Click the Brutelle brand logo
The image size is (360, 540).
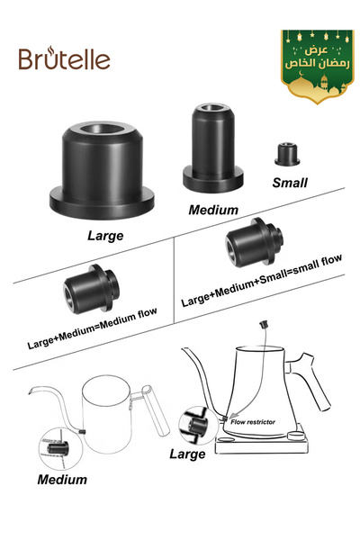point(64,58)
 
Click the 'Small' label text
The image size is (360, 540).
point(289,182)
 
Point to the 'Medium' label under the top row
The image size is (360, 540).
point(213,210)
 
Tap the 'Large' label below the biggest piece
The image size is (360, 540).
point(104,237)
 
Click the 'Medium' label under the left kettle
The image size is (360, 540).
point(62,480)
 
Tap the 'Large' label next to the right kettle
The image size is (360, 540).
point(187,454)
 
